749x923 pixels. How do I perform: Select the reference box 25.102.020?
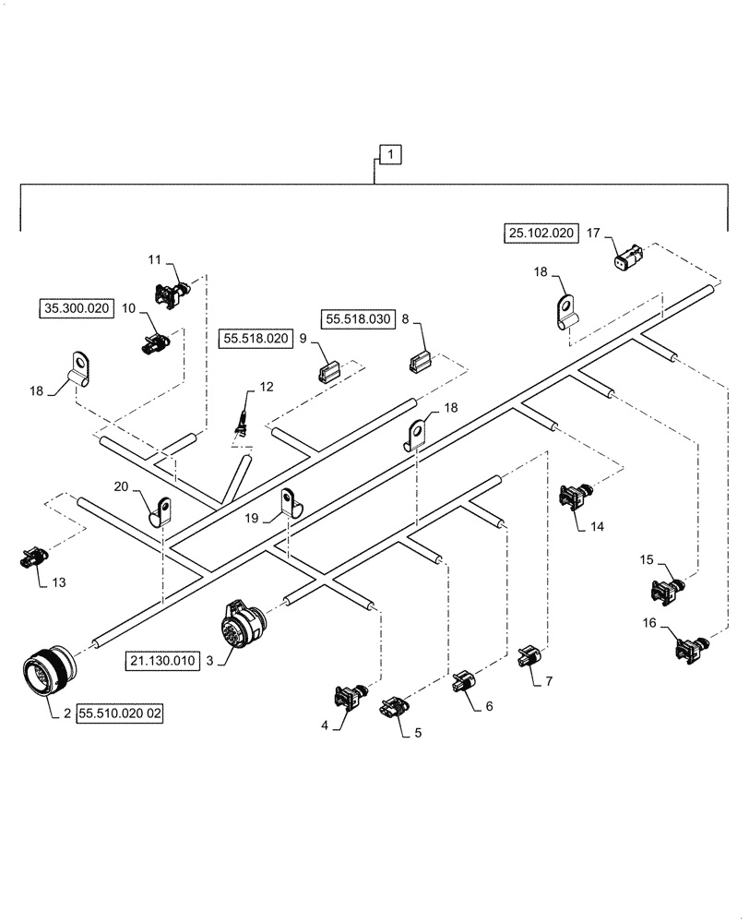click(x=540, y=234)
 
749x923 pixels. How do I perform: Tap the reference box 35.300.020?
click(x=76, y=308)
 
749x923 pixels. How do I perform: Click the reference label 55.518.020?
click(x=256, y=339)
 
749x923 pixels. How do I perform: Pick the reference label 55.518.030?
click(x=358, y=319)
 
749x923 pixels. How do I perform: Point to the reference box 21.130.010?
click(x=163, y=661)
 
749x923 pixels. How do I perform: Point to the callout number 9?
click(x=302, y=339)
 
